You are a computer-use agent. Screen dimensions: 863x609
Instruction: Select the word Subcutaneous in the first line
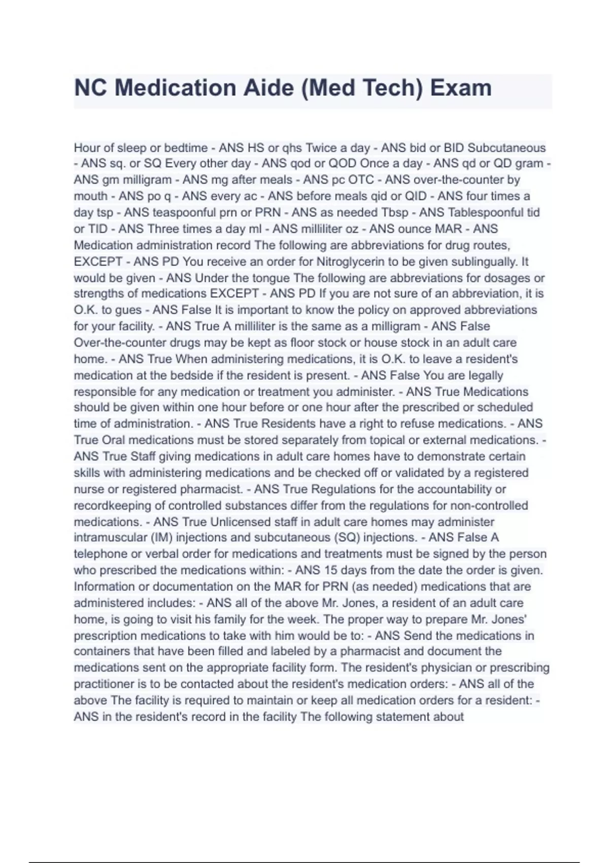tap(506, 148)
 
